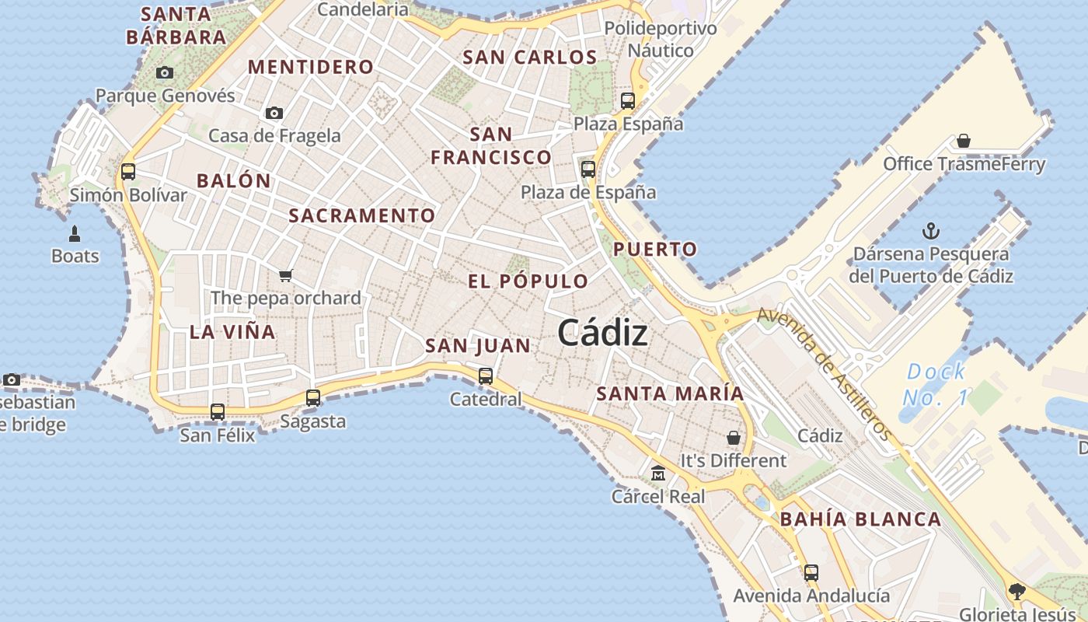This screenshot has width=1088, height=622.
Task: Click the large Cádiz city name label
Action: point(602,334)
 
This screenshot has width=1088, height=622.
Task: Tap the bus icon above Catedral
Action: point(486,376)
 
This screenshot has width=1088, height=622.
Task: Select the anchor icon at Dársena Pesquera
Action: point(930,231)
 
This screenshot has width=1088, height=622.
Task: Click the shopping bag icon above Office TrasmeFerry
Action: point(964,141)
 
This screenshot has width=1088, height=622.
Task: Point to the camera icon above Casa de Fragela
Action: point(274,114)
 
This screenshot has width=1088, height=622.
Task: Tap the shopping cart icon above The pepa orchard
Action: point(285,275)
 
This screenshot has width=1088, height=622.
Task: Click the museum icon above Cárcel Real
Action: point(658,473)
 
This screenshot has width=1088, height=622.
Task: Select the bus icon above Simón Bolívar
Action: point(128,172)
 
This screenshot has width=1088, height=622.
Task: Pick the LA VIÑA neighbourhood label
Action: point(232,332)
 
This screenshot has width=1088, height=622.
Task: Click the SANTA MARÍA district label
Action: point(670,393)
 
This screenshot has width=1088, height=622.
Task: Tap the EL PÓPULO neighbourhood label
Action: point(528,281)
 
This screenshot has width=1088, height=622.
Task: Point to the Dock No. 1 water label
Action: point(936,384)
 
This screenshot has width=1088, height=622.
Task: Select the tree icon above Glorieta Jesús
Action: point(1017,592)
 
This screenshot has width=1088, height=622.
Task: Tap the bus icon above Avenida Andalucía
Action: point(811,573)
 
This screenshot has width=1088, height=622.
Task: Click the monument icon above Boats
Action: point(75,233)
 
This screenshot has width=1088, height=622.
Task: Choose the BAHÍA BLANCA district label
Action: point(860,519)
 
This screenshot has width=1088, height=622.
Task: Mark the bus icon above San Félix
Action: point(218,412)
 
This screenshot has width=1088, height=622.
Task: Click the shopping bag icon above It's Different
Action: point(733,438)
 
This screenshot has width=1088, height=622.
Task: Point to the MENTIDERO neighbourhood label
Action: point(311,67)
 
